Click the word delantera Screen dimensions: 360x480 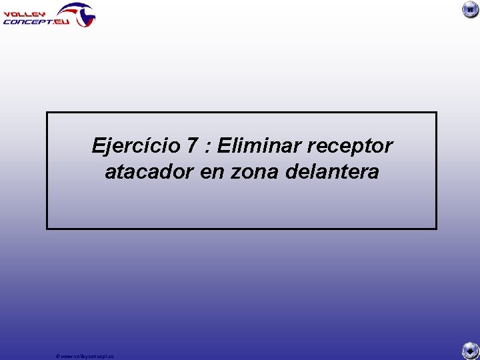click(x=331, y=172)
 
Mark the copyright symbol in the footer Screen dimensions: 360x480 click(x=59, y=356)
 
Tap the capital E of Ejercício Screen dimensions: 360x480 click(x=99, y=145)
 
